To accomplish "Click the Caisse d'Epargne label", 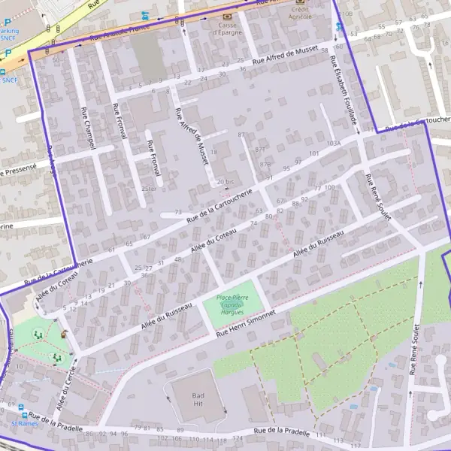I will tap(227, 29).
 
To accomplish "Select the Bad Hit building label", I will tap(198, 399).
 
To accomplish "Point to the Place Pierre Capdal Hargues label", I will tap(233, 304).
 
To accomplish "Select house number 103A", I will tap(334, 142).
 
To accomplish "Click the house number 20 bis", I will tap(225, 182).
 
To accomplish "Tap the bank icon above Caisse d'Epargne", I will tap(227, 15).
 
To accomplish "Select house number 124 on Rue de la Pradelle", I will tap(238, 438).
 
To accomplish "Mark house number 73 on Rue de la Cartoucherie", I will tap(178, 213).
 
